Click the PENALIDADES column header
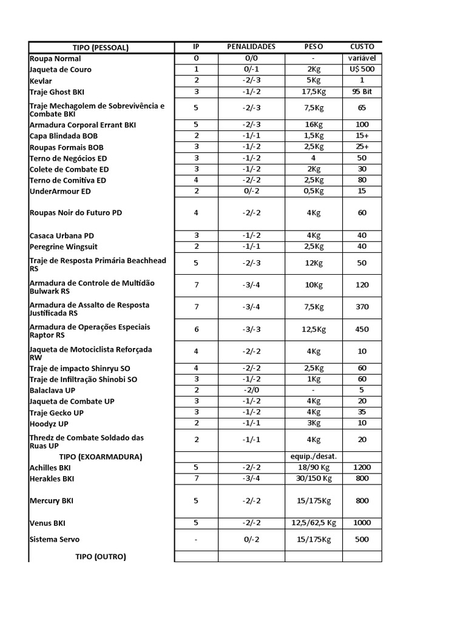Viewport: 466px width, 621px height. coord(251,47)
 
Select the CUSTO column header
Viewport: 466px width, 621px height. coord(362,47)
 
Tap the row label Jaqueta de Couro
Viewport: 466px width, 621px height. coord(61,70)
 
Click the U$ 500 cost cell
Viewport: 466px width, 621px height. coord(362,70)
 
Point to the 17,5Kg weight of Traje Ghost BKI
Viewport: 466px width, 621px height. coord(314,92)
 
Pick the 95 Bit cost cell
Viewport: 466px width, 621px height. coord(362,92)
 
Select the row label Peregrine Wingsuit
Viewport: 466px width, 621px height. coord(64,247)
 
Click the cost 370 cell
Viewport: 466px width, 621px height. coord(362,307)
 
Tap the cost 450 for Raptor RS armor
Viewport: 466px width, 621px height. coord(362,330)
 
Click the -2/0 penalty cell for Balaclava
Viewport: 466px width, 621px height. coord(251,390)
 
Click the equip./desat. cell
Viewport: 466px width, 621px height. coord(314,457)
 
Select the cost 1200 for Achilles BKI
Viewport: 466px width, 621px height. coord(362,468)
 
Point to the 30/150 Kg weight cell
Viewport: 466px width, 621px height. coord(314,478)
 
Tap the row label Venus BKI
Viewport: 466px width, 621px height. coord(47,523)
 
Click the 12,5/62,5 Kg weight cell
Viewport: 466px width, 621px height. coord(314,523)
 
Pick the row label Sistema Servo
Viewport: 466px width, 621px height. coord(55,539)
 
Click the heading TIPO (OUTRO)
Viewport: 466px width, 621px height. coord(101,556)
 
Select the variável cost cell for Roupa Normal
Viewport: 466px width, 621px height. coord(362,59)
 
